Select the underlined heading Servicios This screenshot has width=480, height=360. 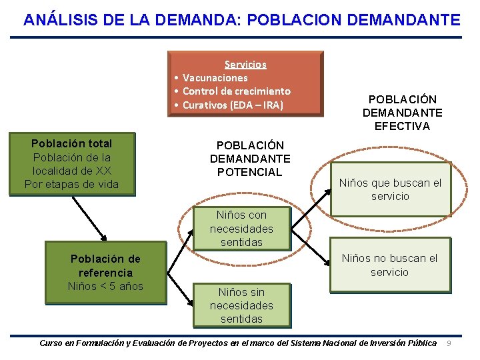pos(245,65)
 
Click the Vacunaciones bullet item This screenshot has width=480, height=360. pos(215,78)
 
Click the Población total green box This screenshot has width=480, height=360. pos(72,164)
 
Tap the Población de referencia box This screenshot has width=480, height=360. pos(105,266)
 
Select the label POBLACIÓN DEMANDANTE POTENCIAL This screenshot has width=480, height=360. pos(250,159)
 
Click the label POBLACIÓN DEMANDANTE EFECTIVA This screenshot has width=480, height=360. pos(403,113)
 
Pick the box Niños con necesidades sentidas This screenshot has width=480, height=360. pos(241,229)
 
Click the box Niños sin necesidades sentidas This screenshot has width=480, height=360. pos(241,305)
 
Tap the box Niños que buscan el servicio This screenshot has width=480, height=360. pos(390,190)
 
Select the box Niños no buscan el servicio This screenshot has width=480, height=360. pos(389,265)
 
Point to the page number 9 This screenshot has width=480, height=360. pos(449,343)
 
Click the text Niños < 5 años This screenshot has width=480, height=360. pos(105,287)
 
